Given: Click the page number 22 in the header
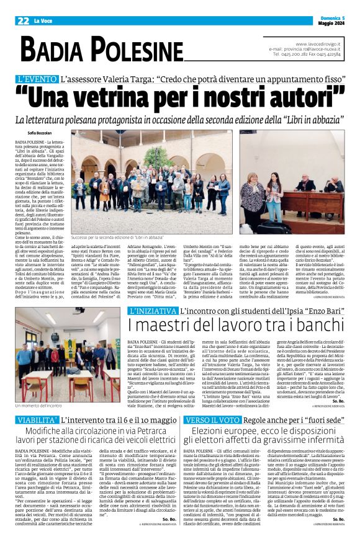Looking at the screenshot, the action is pos(22,21).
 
